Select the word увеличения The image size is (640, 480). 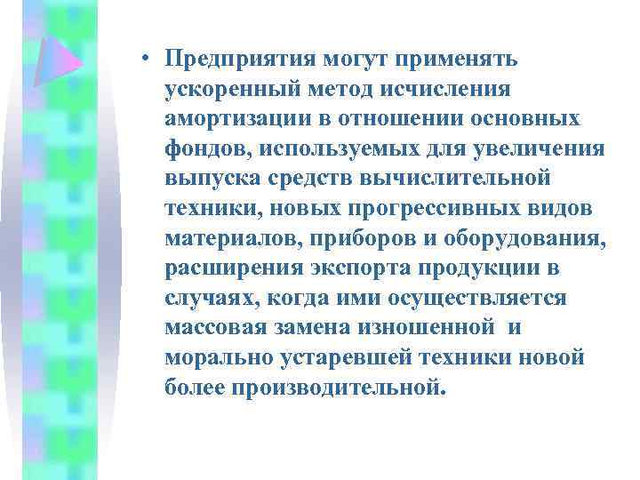(x=554, y=148)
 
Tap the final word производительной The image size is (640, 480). (x=338, y=388)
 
